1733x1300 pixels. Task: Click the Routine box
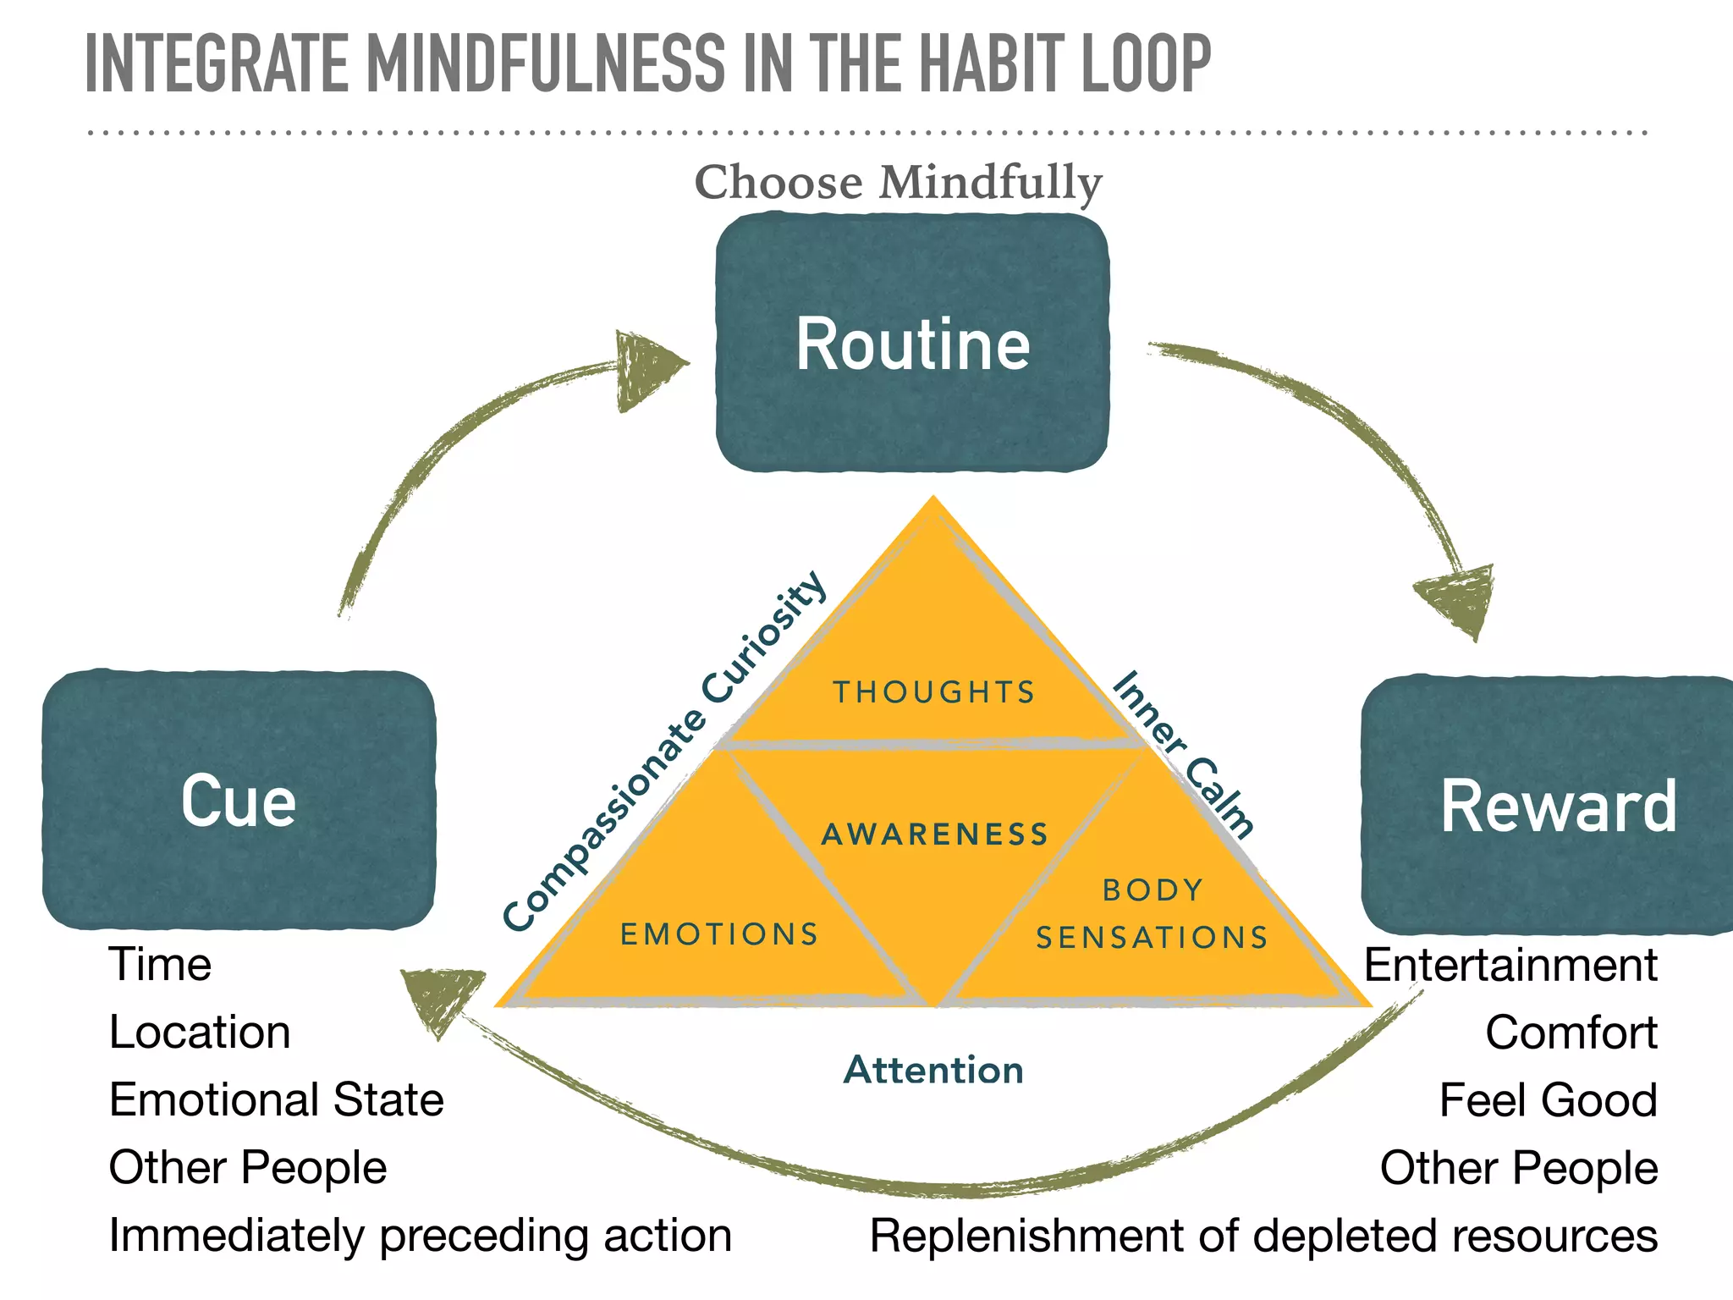912,343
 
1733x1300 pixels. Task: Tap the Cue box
239,800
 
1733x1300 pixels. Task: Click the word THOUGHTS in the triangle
934,692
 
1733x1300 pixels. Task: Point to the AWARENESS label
935,835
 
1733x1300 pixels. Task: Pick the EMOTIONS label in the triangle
719,934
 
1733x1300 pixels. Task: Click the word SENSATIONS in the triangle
1152,938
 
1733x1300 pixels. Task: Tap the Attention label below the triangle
933,1070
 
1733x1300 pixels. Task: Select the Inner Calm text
1183,753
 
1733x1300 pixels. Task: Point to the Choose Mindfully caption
898,183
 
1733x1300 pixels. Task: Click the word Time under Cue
160,965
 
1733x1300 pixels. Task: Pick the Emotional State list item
276,1100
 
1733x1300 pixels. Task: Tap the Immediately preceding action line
420,1236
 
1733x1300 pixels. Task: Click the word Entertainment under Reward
1510,965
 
